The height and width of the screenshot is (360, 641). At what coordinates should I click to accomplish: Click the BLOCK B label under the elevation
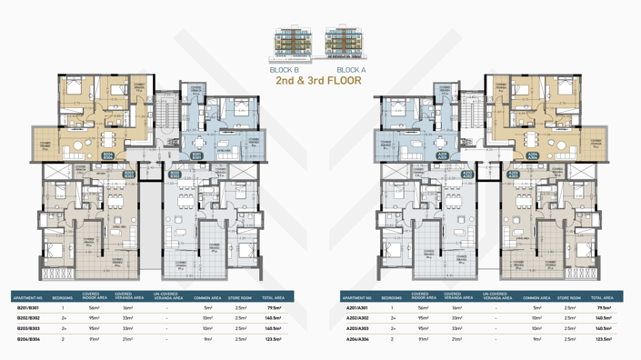tap(285, 70)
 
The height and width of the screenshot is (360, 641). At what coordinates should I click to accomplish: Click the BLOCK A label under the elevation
tap(351, 70)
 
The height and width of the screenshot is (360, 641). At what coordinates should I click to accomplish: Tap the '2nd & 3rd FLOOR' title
tap(318, 81)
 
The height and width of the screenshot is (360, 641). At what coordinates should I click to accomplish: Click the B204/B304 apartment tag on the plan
tap(108, 156)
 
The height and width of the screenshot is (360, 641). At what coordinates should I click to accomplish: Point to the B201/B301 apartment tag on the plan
tap(197, 156)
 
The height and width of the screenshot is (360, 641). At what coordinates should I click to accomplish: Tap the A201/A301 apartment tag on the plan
tap(443, 156)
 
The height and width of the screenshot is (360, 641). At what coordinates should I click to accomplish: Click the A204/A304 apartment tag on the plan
tap(533, 156)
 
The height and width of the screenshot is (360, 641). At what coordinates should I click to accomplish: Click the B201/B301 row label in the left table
tap(28, 308)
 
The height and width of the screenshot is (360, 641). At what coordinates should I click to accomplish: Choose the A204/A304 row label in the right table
tap(357, 338)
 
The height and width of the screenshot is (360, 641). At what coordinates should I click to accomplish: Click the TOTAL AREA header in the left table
tap(273, 297)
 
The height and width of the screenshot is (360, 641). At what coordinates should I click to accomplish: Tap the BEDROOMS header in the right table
tap(392, 297)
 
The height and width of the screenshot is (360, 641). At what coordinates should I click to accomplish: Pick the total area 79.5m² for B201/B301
tap(273, 308)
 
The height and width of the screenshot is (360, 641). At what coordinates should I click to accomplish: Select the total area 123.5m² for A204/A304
tap(602, 338)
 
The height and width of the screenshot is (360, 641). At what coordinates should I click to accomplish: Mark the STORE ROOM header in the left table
tap(241, 297)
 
